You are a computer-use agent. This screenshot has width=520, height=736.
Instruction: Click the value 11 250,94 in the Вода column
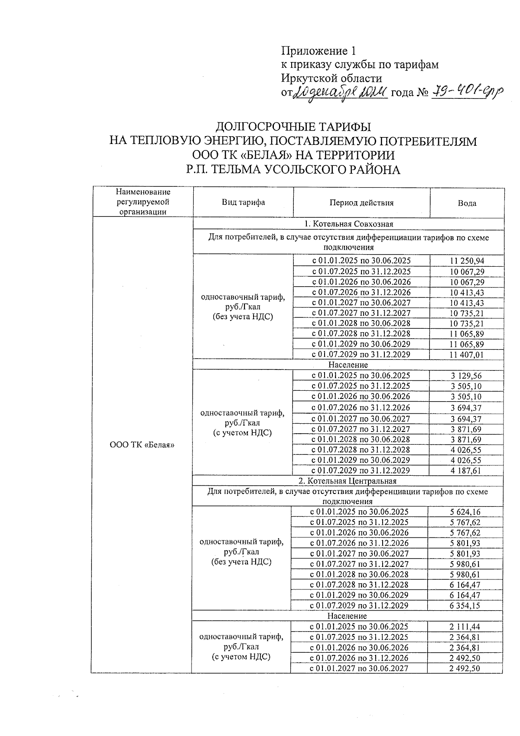click(467, 261)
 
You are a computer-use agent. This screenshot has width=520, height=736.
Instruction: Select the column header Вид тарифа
click(243, 203)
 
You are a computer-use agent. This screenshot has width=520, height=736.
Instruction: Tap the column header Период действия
click(361, 203)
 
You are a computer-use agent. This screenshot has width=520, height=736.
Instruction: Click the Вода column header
click(467, 203)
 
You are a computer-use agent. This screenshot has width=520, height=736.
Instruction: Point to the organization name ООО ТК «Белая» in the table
click(142, 445)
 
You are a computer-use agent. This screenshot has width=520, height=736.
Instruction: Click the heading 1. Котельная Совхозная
click(348, 224)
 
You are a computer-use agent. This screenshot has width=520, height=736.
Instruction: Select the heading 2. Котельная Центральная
click(348, 481)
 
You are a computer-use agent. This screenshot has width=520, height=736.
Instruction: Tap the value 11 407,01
click(467, 354)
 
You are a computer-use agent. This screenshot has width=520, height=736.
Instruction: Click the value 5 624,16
click(465, 512)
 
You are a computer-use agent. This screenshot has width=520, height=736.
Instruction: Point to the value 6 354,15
click(465, 605)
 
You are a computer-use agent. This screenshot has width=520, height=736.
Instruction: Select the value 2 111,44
click(465, 627)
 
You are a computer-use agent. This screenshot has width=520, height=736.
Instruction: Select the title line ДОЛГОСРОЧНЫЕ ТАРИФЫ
click(293, 127)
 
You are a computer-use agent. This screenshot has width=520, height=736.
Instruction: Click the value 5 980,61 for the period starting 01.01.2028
click(465, 574)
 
